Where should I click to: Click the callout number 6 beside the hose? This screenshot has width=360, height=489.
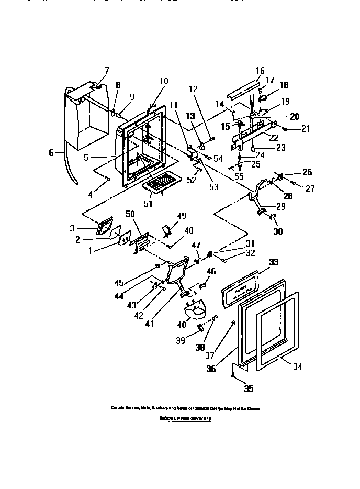(51, 153)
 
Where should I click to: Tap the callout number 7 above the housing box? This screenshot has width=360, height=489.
(107, 70)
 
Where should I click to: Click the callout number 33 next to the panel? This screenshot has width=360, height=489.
(273, 262)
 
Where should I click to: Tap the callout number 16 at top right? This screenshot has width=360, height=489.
(260, 71)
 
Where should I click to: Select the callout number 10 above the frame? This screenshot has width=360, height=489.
(164, 81)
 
